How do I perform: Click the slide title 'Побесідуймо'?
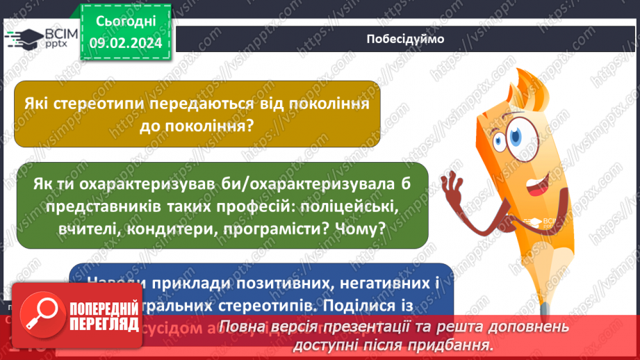point(404,39)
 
